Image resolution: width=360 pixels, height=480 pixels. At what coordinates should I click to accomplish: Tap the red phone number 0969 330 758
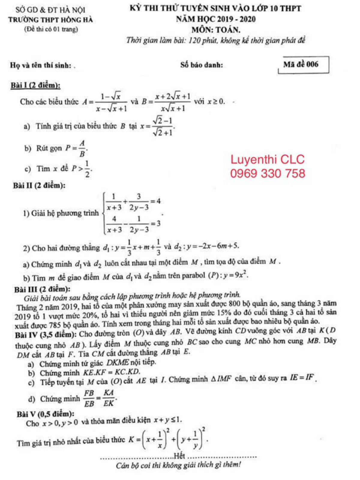click(x=268, y=173)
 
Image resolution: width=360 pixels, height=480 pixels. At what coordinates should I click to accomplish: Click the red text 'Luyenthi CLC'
click(x=267, y=160)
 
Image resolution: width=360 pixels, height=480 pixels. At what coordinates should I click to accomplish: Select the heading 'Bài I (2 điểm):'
click(x=35, y=85)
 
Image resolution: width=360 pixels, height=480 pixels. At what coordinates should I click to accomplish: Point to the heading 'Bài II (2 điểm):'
click(x=39, y=186)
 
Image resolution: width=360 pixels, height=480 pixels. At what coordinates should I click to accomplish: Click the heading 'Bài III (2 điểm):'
click(x=42, y=289)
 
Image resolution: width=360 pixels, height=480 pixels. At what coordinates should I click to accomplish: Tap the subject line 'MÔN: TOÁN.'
click(x=216, y=30)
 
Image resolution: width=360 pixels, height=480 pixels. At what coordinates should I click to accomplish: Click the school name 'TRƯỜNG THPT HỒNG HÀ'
click(x=50, y=20)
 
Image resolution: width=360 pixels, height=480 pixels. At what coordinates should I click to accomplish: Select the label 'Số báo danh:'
click(x=202, y=65)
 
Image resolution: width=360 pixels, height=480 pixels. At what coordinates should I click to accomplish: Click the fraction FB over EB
click(x=89, y=398)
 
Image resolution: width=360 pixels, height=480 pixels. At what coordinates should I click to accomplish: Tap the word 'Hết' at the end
click(x=179, y=456)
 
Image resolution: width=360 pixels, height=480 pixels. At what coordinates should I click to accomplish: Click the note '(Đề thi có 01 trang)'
click(x=51, y=29)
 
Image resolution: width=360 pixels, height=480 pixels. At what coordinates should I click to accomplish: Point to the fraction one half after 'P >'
click(x=87, y=169)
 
